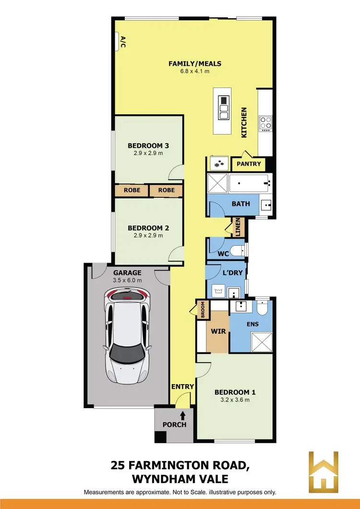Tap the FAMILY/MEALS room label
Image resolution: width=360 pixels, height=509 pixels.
[x=194, y=63]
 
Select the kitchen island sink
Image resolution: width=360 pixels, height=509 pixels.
[x=224, y=108]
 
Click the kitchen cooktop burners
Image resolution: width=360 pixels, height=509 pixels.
[x=265, y=123]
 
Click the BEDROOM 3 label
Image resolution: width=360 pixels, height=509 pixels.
[x=148, y=145]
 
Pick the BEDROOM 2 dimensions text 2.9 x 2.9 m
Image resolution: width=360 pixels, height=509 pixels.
[x=148, y=236]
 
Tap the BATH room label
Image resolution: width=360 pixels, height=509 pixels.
[x=240, y=204]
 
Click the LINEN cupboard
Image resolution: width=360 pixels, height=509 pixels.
[x=238, y=228]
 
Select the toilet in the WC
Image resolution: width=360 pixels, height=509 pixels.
[x=236, y=250]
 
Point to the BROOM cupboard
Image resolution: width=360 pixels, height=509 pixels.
[x=203, y=310]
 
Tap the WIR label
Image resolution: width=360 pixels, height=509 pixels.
[x=218, y=331]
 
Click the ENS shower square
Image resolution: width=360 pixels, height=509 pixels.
[x=262, y=341]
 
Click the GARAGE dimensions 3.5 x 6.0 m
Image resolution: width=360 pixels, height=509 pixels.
[x=127, y=280]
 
